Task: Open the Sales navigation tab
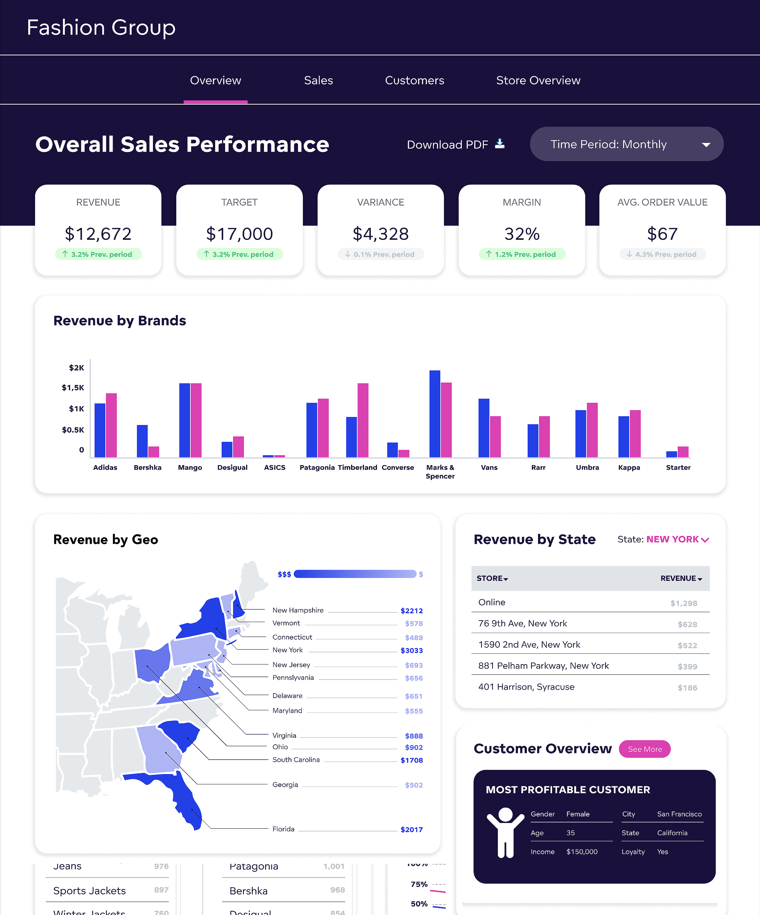pyautogui.click(x=318, y=81)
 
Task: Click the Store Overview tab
pyautogui.click(x=538, y=81)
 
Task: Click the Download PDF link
pyautogui.click(x=455, y=145)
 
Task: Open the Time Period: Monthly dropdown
pyautogui.click(x=626, y=144)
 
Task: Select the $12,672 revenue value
pyautogui.click(x=98, y=234)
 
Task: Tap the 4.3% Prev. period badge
pyautogui.click(x=662, y=254)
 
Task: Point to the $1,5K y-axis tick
pyautogui.click(x=73, y=388)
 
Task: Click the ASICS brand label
pyautogui.click(x=275, y=467)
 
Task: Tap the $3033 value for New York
pyautogui.click(x=411, y=650)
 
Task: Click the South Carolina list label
pyautogui.click(x=296, y=760)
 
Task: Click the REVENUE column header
pyautogui.click(x=681, y=579)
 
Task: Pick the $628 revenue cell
pyautogui.click(x=687, y=625)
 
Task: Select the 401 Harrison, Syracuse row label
pyautogui.click(x=526, y=687)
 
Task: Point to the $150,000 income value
pyautogui.click(x=581, y=852)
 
